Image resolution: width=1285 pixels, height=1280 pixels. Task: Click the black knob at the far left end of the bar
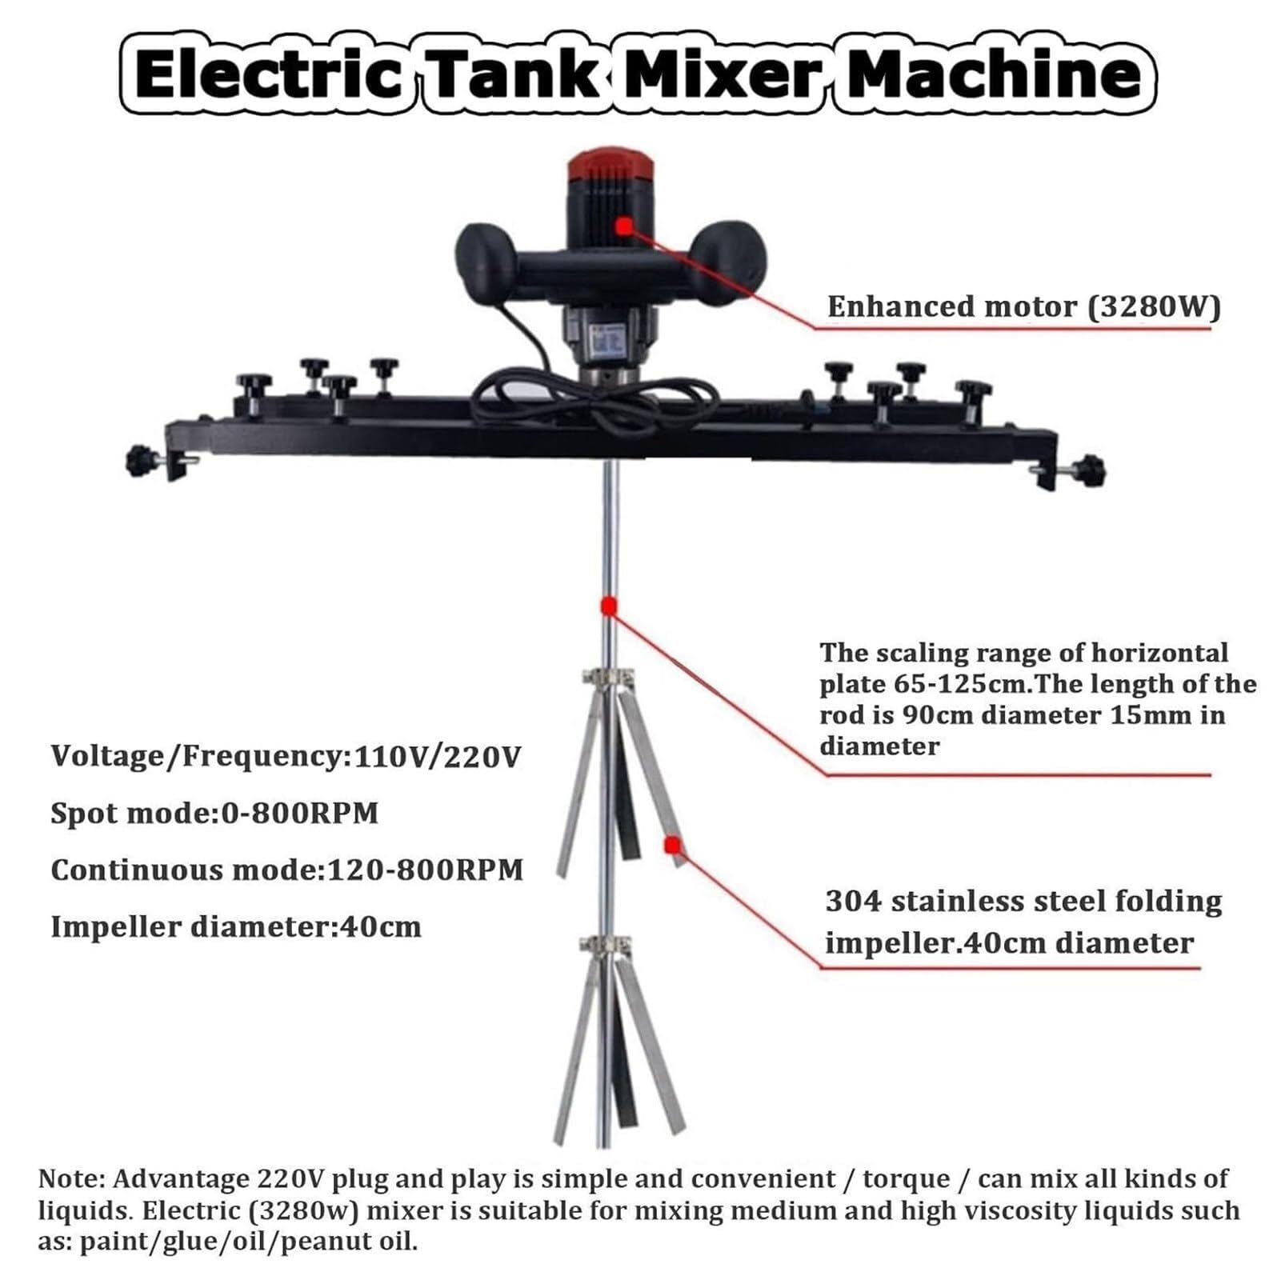point(141,462)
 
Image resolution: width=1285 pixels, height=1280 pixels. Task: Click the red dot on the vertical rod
point(608,606)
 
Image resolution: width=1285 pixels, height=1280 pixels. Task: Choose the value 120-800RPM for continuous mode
point(426,870)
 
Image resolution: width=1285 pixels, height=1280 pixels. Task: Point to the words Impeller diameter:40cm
point(236,926)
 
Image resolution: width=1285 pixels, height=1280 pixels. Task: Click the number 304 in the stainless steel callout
point(853,902)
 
